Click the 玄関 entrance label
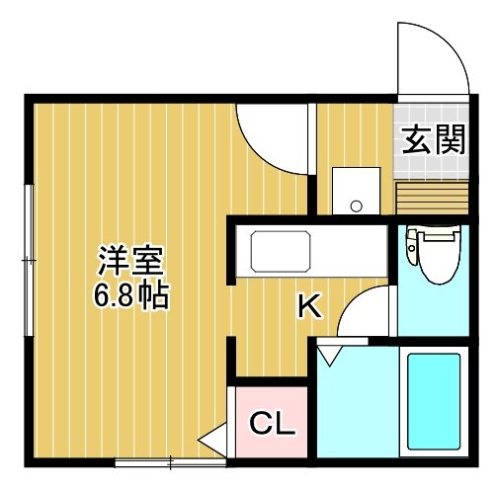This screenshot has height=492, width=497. click(434, 139)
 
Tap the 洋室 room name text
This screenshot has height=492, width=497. click(130, 261)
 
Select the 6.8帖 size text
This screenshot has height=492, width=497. click(131, 295)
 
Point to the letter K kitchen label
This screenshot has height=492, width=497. click(309, 306)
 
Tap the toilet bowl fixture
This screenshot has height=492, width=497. click(434, 255)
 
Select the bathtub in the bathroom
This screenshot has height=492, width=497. click(434, 402)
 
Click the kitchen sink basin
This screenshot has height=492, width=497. click(281, 252)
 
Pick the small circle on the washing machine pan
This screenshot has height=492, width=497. click(357, 206)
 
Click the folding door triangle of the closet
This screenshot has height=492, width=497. click(213, 440)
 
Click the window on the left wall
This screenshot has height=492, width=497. click(30, 260)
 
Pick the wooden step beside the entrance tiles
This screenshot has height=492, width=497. click(433, 198)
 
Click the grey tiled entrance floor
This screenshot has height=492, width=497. click(431, 141)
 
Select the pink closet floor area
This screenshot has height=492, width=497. click(272, 422)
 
